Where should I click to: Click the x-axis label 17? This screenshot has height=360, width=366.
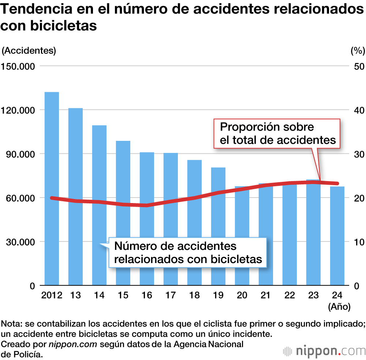coord(171,295)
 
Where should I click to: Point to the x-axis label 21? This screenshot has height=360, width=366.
coord(266,295)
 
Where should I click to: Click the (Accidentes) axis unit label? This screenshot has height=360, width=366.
coord(29,51)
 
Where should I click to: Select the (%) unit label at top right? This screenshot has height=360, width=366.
coord(357,51)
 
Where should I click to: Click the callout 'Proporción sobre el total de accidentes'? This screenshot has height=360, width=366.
coord(277,134)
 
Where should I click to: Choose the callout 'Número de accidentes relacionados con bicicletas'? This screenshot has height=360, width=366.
coord(188,252)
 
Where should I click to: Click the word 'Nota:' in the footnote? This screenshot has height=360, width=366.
coord(11,324)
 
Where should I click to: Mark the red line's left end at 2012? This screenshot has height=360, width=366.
coord(52,198)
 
